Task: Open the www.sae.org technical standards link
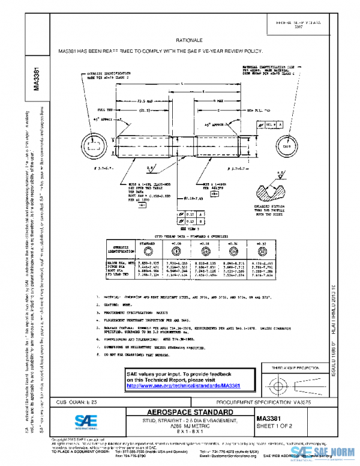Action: (x=183, y=385)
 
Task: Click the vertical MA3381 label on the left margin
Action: (x=37, y=78)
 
